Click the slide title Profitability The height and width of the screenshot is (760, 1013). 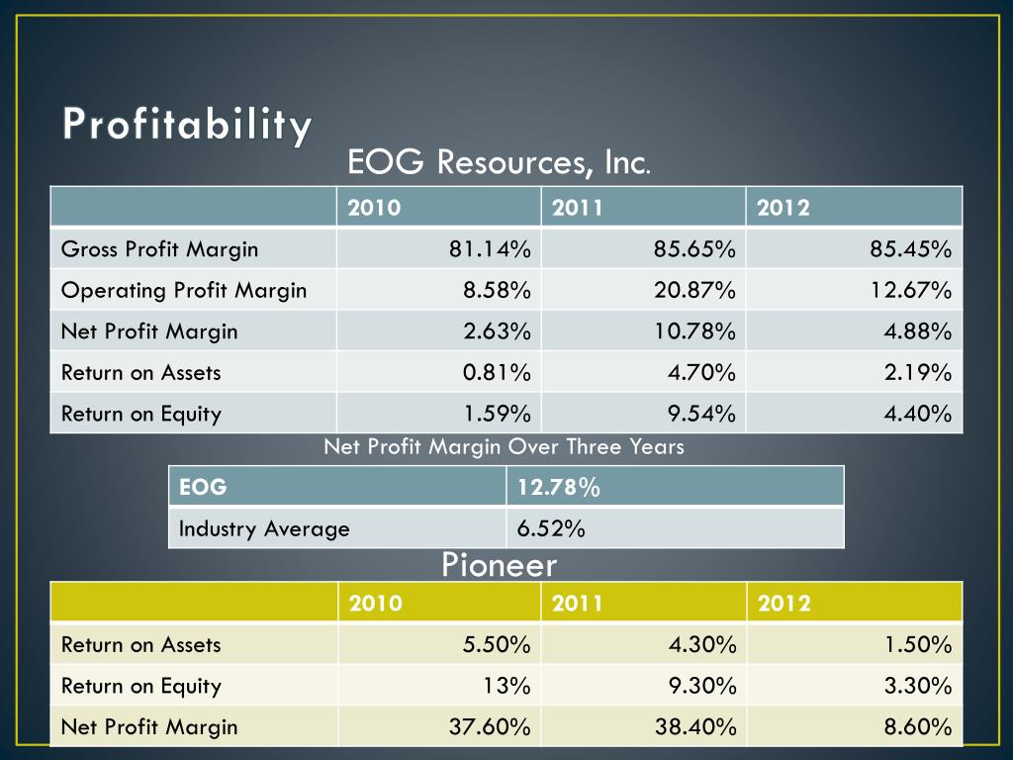pos(188,125)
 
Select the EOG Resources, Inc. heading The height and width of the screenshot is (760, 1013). pos(499,161)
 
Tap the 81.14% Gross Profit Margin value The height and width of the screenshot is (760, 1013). pos(490,248)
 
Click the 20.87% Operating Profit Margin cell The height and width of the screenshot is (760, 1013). pos(694,290)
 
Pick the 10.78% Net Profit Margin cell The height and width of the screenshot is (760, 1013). pos(694,332)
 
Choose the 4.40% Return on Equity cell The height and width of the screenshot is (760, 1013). pos(918,413)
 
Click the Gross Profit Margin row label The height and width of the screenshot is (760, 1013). pos(159,248)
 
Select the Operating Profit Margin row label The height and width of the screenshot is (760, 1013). pos(184,290)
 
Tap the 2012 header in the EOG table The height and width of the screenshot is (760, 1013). pos(783,208)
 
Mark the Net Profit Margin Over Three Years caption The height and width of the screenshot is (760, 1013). pos(504,446)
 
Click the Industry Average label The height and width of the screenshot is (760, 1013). pos(263,528)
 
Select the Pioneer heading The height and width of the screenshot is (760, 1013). pos(499,565)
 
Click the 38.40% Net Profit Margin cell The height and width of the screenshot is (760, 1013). pos(694,727)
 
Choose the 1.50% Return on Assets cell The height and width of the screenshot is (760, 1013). pos(918,645)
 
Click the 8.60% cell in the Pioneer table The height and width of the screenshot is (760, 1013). pos(918,727)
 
